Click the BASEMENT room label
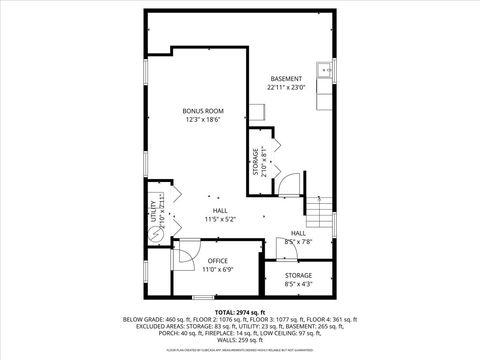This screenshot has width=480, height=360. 287,78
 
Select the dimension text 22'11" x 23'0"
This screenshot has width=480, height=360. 287,87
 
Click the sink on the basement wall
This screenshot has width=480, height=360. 323,69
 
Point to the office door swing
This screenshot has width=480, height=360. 186,256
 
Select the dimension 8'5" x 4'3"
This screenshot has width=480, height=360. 298,283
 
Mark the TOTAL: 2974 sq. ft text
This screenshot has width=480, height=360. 239,312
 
